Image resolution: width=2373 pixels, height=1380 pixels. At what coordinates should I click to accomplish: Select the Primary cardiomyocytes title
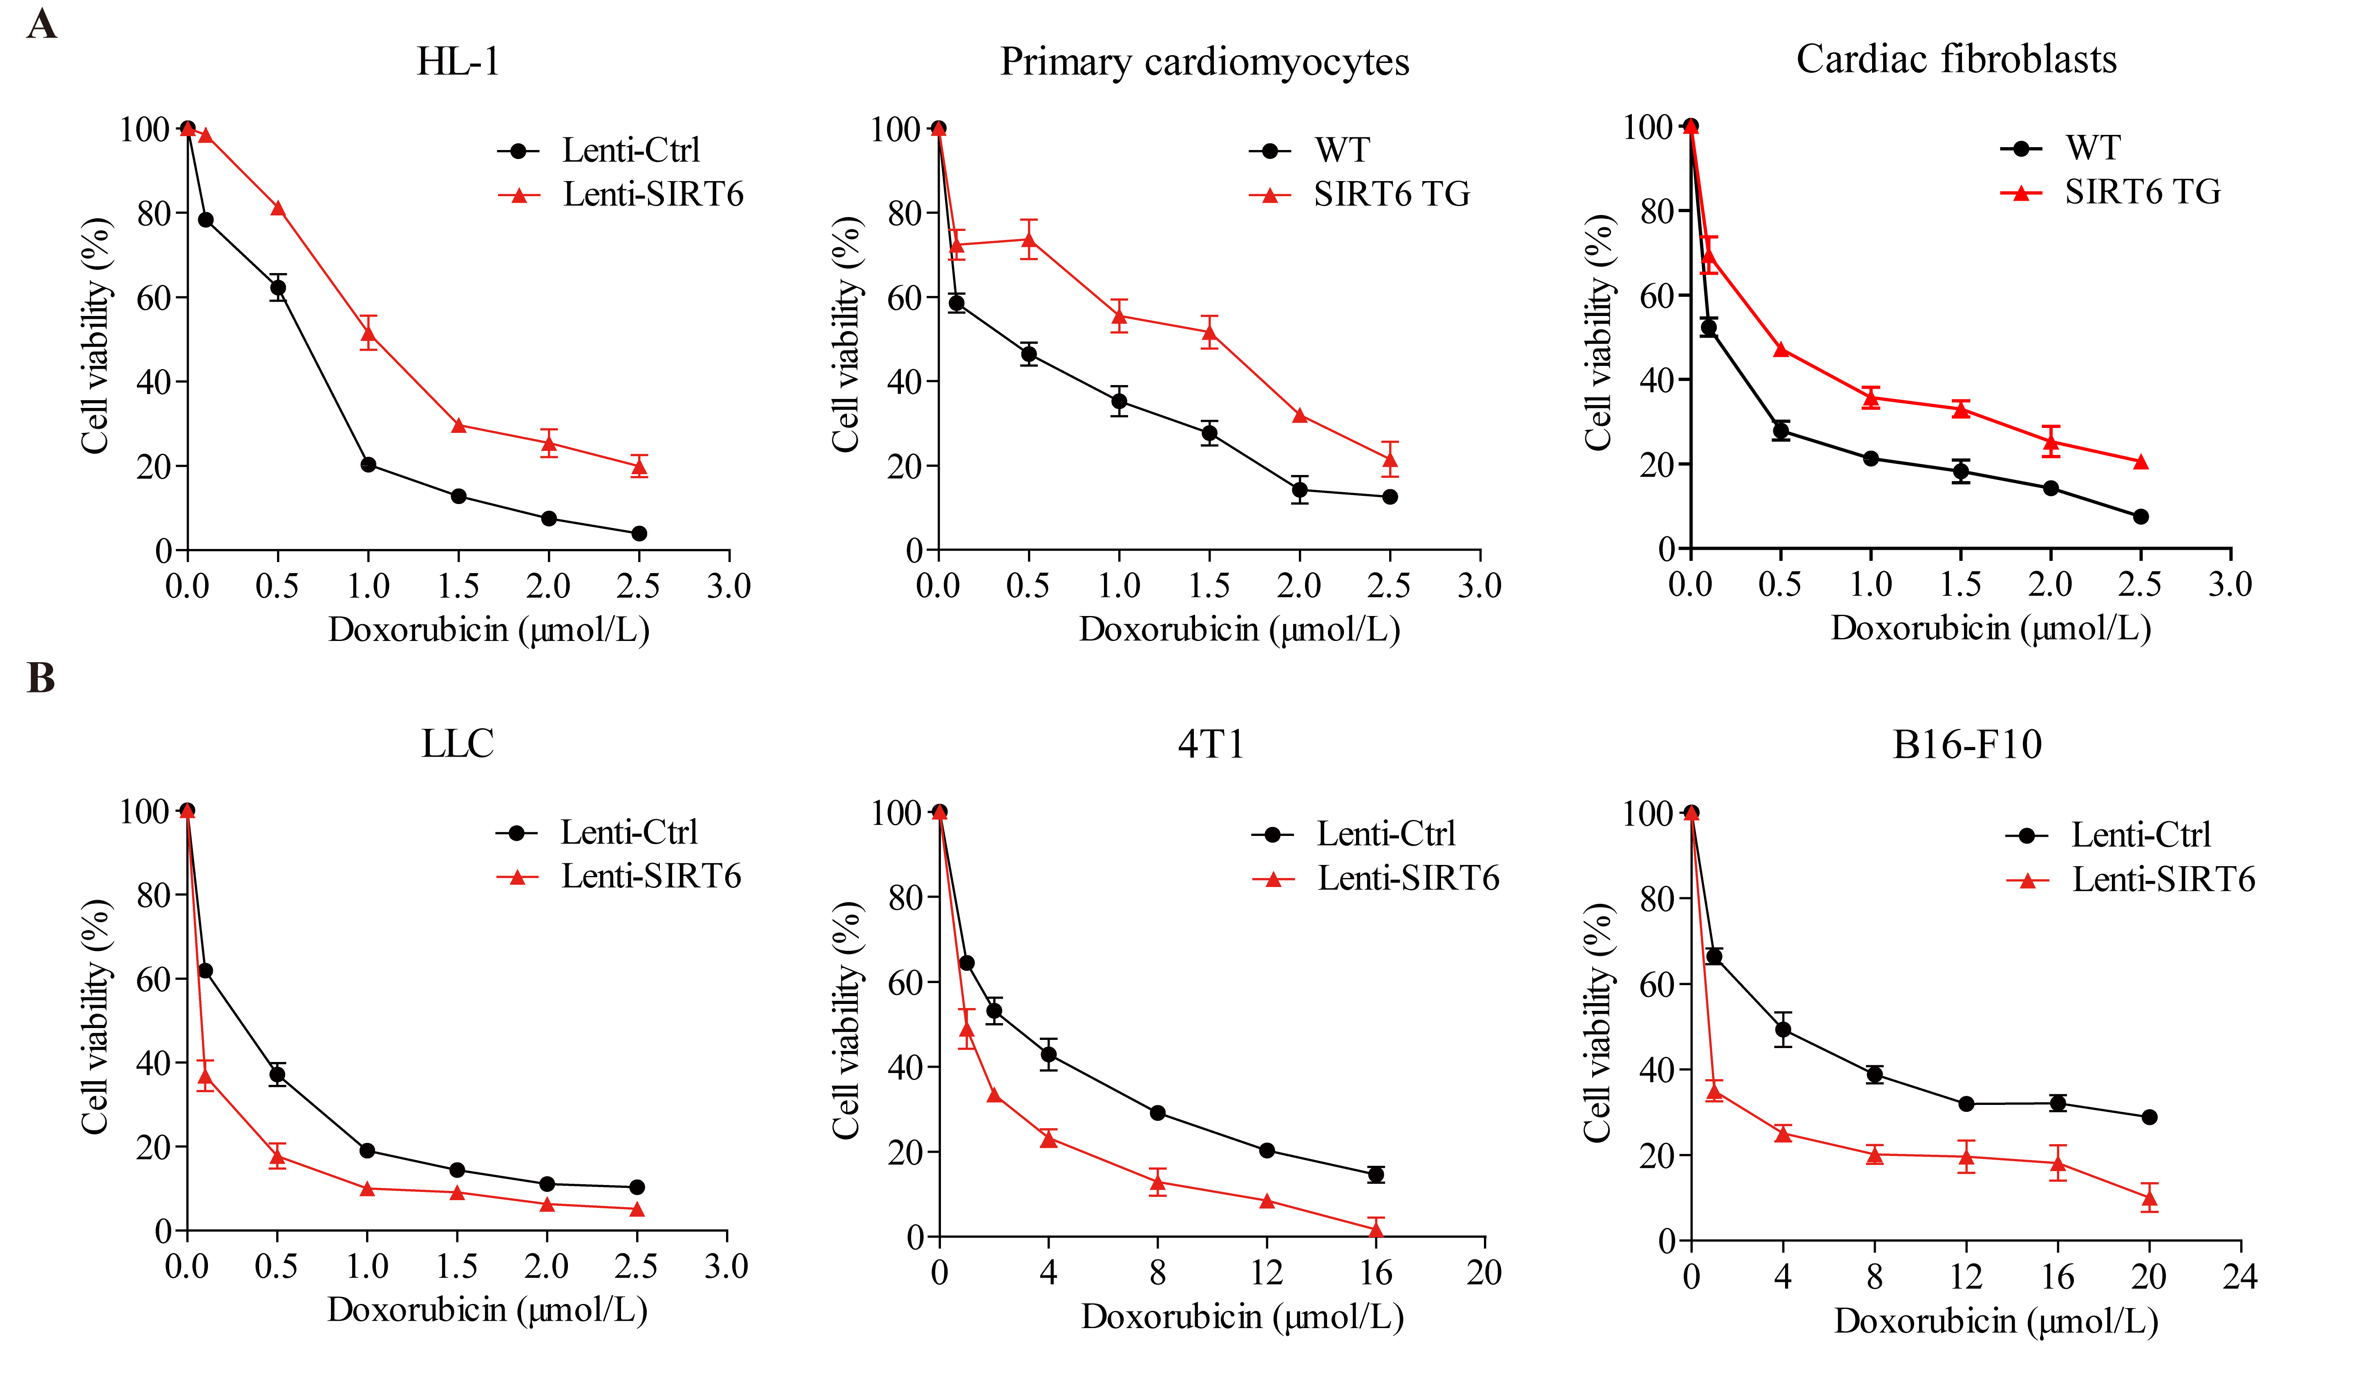tap(1204, 62)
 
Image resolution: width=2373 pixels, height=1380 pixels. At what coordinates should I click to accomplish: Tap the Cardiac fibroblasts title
tap(1956, 59)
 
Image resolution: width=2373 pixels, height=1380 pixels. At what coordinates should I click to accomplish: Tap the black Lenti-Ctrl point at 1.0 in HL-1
tap(368, 464)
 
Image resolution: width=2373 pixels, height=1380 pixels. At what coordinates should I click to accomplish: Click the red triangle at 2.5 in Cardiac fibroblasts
tap(2141, 461)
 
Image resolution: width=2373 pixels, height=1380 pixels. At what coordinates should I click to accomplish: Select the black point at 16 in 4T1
tap(1376, 1175)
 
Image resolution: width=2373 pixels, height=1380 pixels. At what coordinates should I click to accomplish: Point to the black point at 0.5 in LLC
tap(277, 1074)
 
